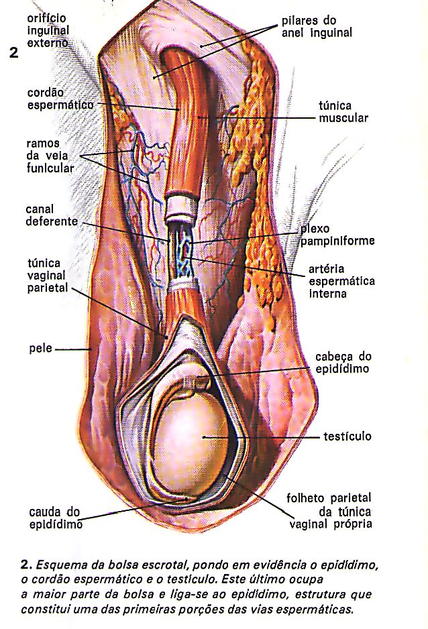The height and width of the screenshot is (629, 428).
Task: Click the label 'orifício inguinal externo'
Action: coord(48,31)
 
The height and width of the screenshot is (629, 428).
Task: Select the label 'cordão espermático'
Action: coord(60,99)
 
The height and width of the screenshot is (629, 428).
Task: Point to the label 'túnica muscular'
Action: coord(343,111)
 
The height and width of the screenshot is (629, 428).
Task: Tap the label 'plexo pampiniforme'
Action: coord(337,234)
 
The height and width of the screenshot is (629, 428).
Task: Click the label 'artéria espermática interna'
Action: coord(341,280)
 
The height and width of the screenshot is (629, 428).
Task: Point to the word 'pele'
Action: coord(40,349)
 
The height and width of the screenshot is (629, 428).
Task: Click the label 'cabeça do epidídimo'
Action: coord(343,362)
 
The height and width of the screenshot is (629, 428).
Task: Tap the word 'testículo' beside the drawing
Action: coord(343,437)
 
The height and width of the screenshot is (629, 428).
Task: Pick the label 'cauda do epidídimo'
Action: coord(55,518)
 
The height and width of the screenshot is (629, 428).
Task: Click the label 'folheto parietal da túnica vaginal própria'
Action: coord(329,511)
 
